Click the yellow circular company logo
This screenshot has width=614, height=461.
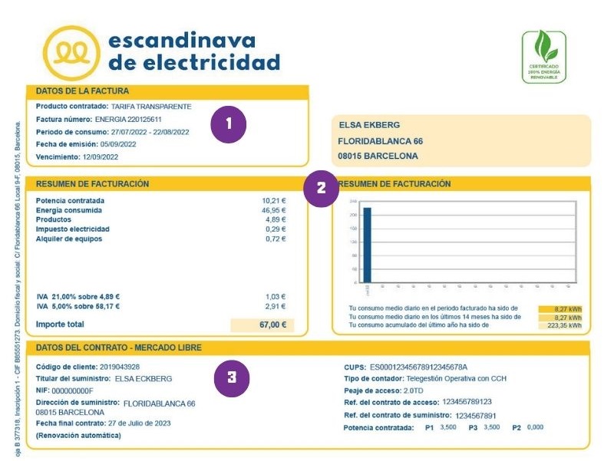[69, 51]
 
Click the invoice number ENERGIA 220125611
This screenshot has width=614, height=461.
[129, 120]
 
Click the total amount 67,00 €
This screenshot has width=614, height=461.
[272, 324]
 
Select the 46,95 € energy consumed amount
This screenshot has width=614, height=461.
[273, 210]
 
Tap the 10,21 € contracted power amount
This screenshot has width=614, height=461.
[273, 200]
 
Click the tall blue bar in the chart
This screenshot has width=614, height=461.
[368, 245]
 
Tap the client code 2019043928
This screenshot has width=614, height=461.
[120, 367]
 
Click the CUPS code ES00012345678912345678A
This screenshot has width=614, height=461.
[418, 367]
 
